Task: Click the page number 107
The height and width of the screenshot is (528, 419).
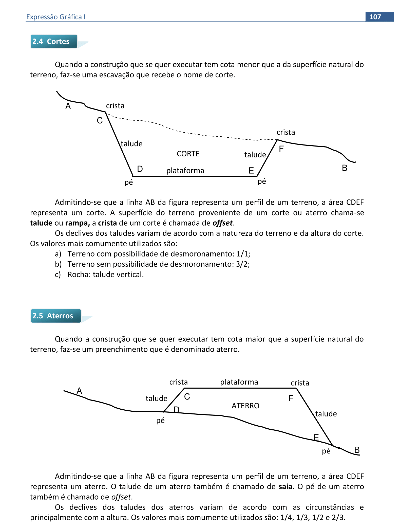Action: coord(375,17)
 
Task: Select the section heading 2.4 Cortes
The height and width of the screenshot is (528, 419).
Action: coord(51,41)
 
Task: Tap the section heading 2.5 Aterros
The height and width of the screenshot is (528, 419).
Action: coord(53,316)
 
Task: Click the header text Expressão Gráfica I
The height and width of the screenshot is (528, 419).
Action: coord(56,17)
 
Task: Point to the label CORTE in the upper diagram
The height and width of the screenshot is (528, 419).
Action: coord(188,154)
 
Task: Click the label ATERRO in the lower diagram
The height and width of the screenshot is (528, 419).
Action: coord(245,406)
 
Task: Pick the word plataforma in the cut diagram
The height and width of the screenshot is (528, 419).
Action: coord(185,171)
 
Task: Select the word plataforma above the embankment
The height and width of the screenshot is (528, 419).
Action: coord(239,382)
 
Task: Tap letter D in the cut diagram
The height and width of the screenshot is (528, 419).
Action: coord(140,169)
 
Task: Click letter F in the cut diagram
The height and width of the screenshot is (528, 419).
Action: coord(281,149)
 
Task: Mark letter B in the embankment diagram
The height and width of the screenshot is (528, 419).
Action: coord(357,450)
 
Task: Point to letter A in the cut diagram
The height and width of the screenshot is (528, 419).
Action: coord(68,106)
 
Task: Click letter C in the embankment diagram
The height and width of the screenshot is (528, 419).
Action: coord(187,397)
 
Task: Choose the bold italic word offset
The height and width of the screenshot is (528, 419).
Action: coord(222,223)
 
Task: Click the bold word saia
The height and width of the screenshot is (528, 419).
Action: coord(285,487)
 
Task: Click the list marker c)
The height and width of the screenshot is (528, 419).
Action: coord(58,275)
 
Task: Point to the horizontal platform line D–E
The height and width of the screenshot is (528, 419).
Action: coord(195,176)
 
